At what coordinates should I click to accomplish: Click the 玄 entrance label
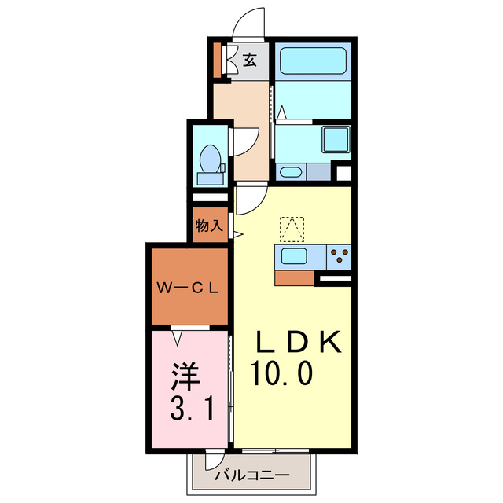(249, 59)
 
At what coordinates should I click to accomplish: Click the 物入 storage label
(209, 226)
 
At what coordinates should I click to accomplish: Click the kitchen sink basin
(295, 256)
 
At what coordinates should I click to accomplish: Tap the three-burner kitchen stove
(339, 255)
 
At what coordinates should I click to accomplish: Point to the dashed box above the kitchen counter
(292, 229)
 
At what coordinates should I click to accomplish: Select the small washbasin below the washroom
(289, 171)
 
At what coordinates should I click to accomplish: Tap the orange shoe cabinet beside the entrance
(218, 60)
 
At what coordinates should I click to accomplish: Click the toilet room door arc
(244, 142)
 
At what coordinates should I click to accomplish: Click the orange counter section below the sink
(293, 277)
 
